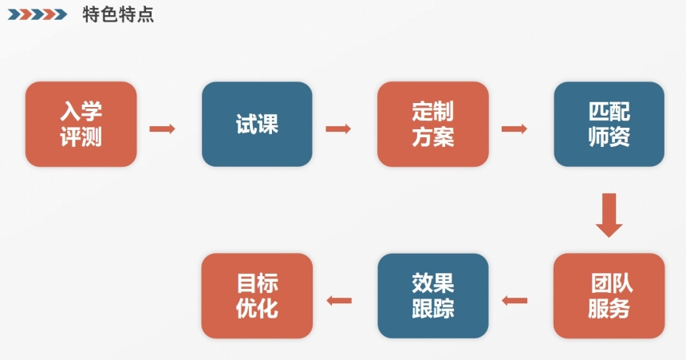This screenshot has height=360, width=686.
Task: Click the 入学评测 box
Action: [81, 124]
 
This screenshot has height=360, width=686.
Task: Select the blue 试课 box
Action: [257, 124]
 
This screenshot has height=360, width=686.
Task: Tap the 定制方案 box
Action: [433, 124]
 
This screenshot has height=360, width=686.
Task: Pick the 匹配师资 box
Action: [609, 124]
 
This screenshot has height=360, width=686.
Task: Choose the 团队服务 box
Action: [609, 295]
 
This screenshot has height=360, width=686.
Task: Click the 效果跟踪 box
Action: [433, 295]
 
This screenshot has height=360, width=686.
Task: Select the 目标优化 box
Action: [257, 295]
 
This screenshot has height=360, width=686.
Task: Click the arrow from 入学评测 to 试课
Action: [162, 129]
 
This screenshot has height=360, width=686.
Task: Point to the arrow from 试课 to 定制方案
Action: [338, 129]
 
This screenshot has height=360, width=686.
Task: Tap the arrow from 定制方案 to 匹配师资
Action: [514, 129]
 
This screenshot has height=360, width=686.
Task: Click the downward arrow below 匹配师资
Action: [609, 215]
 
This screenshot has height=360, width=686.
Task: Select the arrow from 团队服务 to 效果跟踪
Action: [514, 301]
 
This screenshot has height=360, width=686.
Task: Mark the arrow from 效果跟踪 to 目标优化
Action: [338, 301]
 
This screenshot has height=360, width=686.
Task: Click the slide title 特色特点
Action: [118, 14]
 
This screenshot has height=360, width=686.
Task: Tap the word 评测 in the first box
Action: [81, 137]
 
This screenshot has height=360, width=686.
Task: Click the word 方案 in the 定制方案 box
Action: [433, 137]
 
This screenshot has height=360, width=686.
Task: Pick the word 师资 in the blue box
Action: [609, 137]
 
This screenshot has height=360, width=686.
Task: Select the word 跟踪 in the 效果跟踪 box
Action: [433, 309]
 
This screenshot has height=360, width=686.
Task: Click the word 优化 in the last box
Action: [257, 309]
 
